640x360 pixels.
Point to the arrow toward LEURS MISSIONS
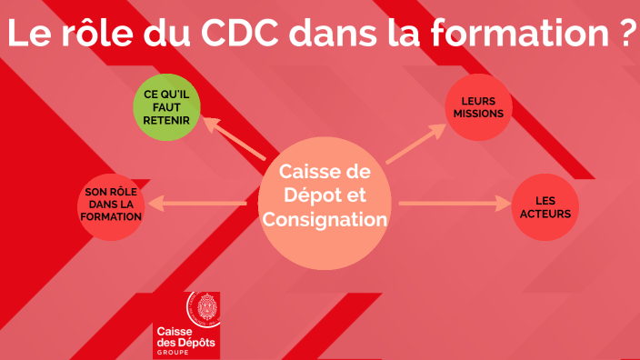[415, 145]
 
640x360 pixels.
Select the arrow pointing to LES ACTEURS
[451, 203]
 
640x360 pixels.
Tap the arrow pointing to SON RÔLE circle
[196, 204]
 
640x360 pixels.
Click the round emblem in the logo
[202, 312]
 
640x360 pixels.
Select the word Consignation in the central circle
[325, 219]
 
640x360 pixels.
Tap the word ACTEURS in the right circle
[545, 214]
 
